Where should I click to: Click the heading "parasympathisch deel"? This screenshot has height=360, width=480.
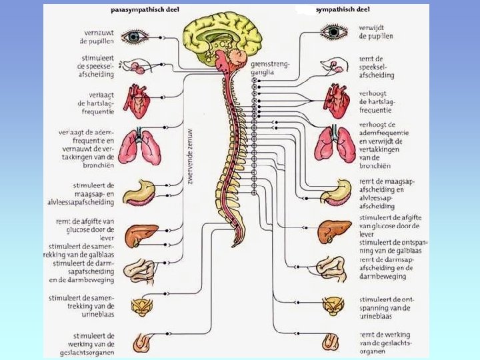(145, 11)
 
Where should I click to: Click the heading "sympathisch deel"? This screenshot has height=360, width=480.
(342, 11)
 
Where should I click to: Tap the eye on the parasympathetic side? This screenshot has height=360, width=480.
(134, 36)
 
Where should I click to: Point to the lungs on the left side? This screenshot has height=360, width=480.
(141, 147)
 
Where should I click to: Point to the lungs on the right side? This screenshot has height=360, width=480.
(336, 144)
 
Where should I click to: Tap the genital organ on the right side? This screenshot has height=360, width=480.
(331, 342)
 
